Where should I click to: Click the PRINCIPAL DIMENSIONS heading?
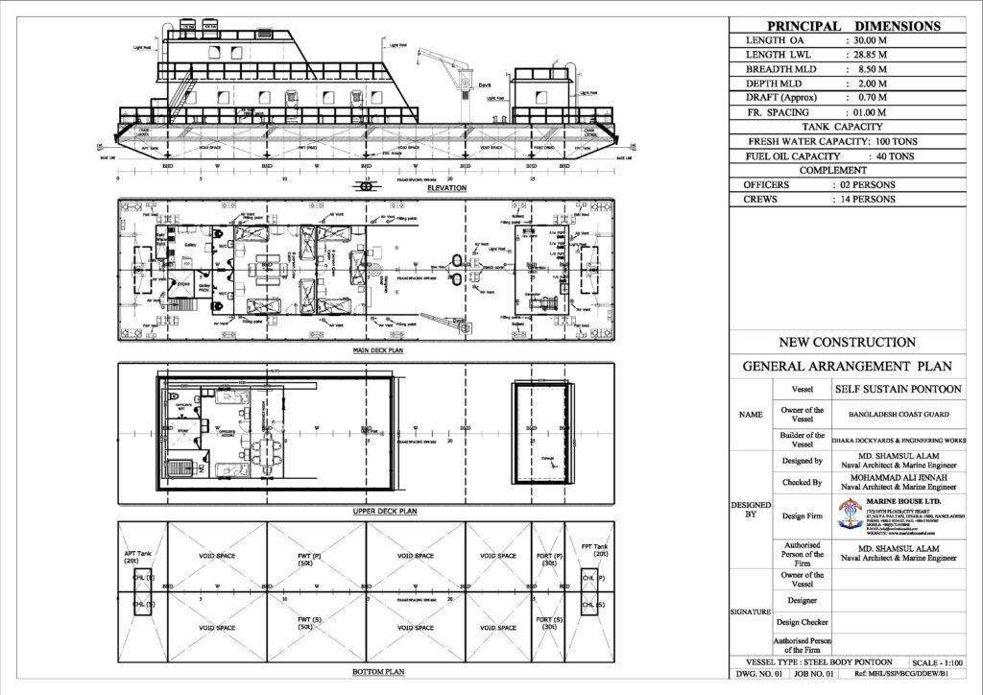click(852, 25)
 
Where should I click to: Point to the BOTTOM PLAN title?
click(366, 673)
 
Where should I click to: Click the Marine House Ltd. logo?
click(851, 516)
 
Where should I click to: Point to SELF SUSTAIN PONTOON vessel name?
click(885, 389)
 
